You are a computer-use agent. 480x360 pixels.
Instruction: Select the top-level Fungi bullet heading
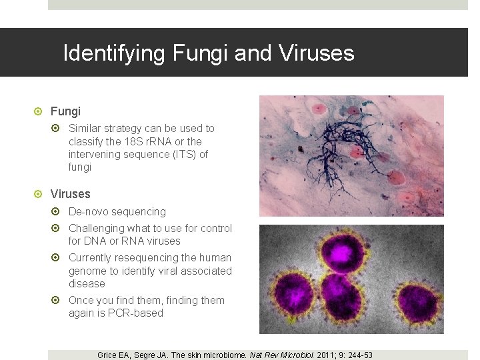tap(65, 111)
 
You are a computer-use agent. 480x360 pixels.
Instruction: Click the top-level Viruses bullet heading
tap(70, 194)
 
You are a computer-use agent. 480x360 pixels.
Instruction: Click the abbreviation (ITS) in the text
tap(173, 154)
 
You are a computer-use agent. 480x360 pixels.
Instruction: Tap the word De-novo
tap(89, 211)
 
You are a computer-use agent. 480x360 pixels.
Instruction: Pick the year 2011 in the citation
tap(325, 355)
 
